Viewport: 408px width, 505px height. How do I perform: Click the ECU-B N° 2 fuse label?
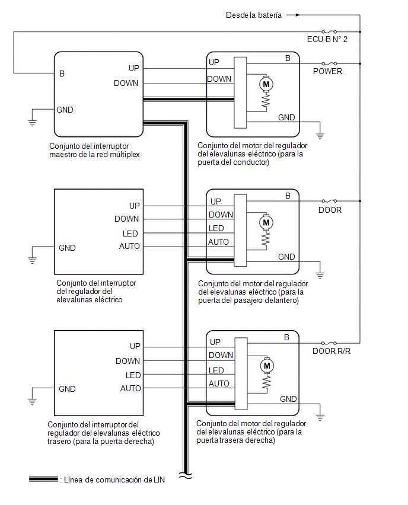point(327,39)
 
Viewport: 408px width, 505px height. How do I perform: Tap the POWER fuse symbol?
point(329,64)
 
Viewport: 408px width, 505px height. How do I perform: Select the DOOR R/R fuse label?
point(332,351)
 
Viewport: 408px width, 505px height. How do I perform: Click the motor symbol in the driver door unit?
point(266,84)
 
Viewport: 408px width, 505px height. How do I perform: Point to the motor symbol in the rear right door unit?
point(267,366)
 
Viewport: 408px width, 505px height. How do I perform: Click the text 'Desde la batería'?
point(254,15)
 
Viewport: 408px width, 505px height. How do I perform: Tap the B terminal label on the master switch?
point(62,73)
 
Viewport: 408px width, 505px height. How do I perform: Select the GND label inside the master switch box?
point(65,110)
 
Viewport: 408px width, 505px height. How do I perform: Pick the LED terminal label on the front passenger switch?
point(130,234)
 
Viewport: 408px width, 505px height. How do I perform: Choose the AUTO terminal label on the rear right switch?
point(130,388)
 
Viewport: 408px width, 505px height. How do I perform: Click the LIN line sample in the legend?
point(43,480)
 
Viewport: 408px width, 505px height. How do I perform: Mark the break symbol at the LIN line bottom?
point(185,476)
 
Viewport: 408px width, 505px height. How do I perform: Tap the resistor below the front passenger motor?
point(266,240)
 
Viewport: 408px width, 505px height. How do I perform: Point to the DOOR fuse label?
point(330,210)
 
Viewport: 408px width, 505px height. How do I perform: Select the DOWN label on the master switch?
point(126,83)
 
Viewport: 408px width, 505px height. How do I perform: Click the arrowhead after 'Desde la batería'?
point(298,15)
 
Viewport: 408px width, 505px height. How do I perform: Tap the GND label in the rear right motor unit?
point(288,399)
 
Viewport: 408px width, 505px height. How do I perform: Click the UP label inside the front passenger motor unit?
point(216,202)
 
